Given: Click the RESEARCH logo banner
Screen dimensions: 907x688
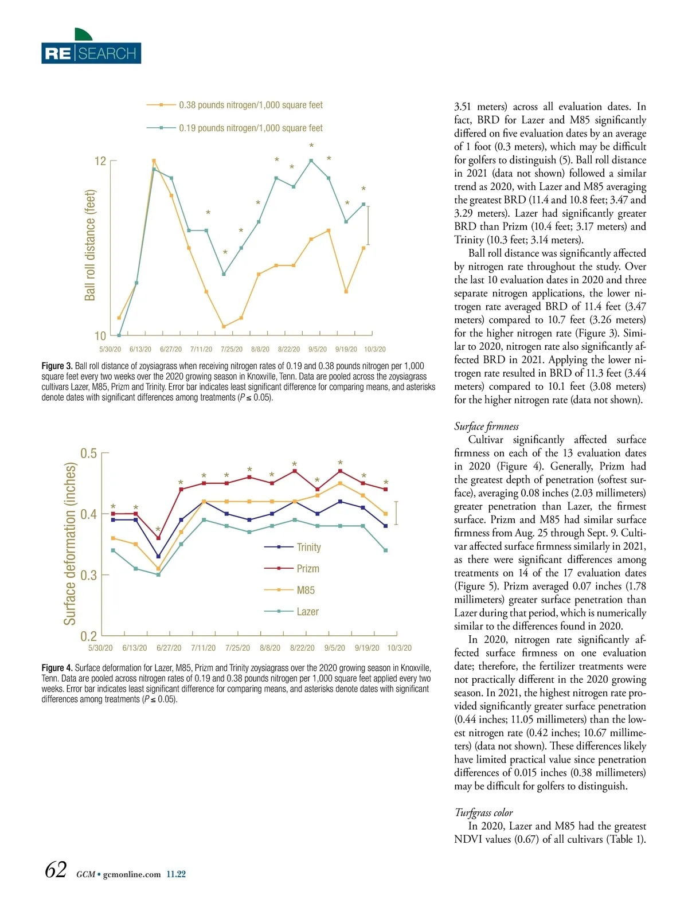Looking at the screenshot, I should tap(91, 53).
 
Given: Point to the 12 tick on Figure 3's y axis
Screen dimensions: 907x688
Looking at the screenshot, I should tap(100, 161).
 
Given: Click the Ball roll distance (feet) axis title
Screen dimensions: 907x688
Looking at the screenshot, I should tap(90, 245).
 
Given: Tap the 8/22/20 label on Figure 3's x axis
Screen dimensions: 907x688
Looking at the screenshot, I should tap(288, 349).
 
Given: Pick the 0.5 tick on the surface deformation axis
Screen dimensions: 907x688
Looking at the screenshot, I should tap(88, 453).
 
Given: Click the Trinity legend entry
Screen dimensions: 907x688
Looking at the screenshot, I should tap(308, 547).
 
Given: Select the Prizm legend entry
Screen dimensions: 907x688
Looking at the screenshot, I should tap(307, 569).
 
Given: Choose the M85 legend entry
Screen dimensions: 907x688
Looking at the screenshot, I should tap(305, 590).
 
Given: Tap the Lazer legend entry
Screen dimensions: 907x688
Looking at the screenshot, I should tap(307, 612).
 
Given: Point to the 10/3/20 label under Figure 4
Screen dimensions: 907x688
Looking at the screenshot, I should tap(399, 648).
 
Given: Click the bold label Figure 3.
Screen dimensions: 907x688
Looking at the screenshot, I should tap(57, 366).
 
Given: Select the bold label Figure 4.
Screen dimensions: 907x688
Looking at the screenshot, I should tap(57, 668).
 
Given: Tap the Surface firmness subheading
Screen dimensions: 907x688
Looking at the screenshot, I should tap(486, 426).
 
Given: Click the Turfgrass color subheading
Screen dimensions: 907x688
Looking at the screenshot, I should tap(483, 812).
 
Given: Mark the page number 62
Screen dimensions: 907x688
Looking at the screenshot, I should tap(56, 870).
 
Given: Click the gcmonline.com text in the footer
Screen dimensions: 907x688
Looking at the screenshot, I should tap(131, 874).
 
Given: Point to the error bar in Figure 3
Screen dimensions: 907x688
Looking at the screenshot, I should tap(368, 225).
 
